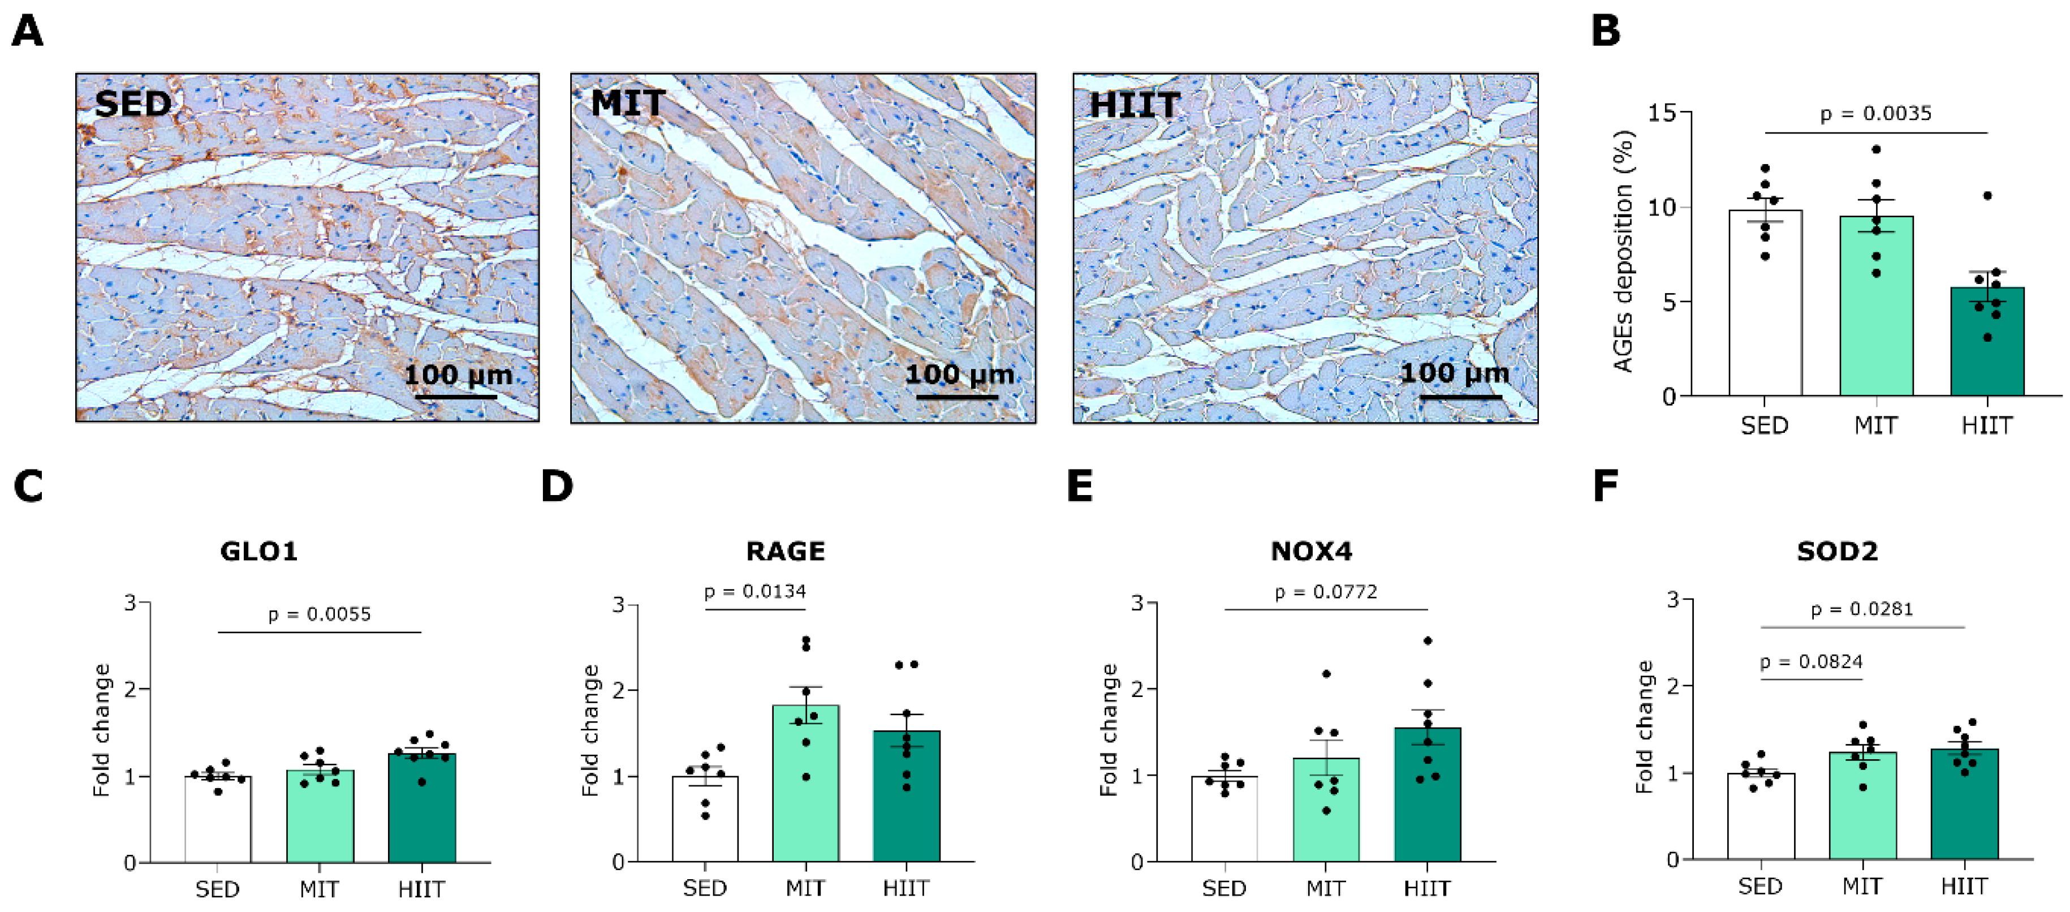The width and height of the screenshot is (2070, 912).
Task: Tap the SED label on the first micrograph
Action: [132, 105]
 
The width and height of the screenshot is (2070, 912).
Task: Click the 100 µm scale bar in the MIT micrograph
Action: [957, 395]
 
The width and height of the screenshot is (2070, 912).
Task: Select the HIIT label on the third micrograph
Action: [1133, 105]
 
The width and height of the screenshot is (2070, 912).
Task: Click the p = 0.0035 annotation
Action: [1875, 113]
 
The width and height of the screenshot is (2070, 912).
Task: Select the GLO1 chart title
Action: [259, 551]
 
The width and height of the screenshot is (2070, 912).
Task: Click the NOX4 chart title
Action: [1312, 551]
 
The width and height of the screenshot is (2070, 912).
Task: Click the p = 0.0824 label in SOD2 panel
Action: [1810, 662]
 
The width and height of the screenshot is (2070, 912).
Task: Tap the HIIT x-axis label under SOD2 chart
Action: [1964, 887]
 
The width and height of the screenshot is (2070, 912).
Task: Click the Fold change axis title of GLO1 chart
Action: [101, 730]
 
